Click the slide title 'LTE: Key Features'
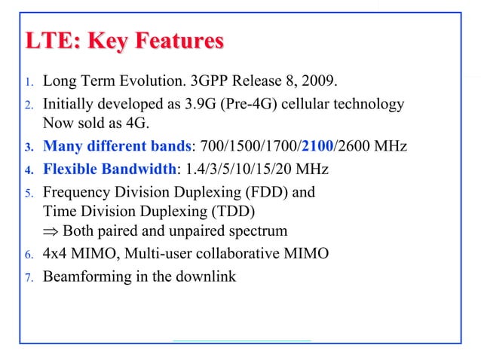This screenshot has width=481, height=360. click(124, 41)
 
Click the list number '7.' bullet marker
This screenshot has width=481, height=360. click(30, 278)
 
